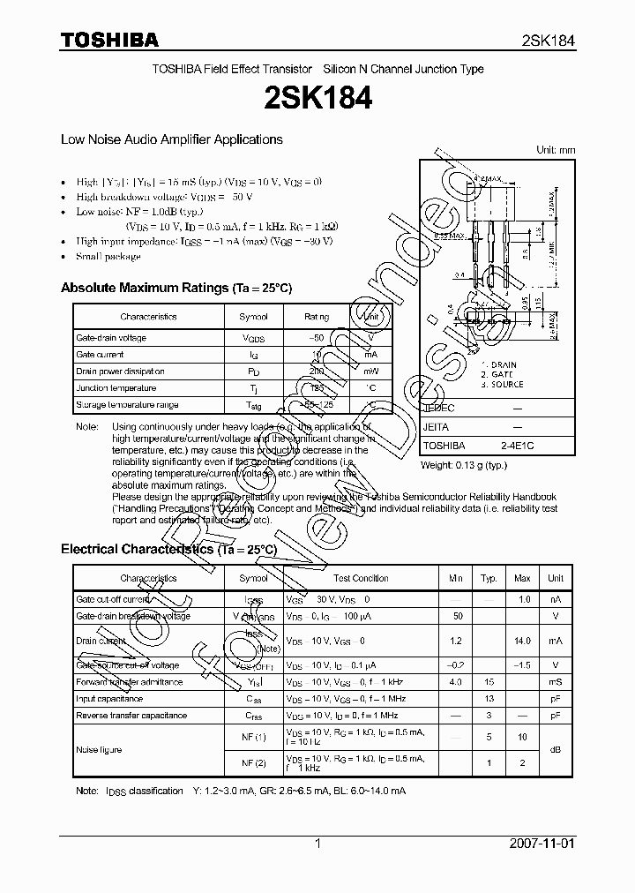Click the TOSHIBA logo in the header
(109, 40)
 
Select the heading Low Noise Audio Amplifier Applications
(171, 139)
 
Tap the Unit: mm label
(556, 150)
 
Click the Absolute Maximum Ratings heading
(176, 288)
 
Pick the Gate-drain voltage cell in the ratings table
(111, 338)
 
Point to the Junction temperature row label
(116, 388)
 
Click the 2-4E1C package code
(517, 446)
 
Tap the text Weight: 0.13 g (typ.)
(465, 464)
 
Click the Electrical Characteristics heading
(169, 549)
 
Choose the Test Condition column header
(361, 578)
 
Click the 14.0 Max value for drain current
(522, 641)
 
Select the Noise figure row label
(99, 749)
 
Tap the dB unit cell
(556, 749)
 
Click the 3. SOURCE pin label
(502, 385)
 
